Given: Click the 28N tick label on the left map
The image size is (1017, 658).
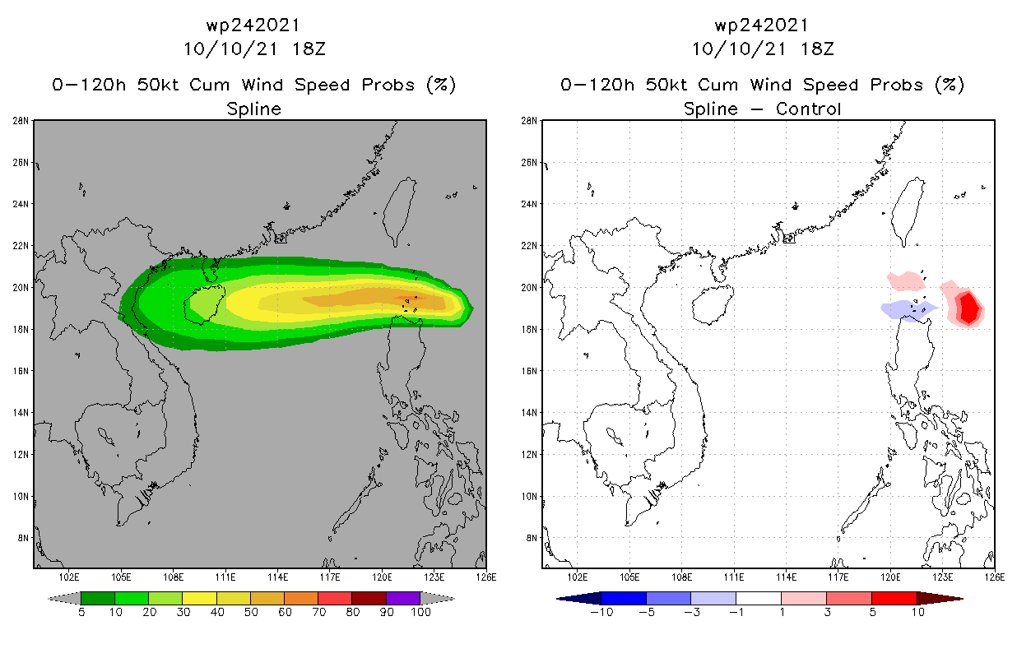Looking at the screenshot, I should tap(23, 121).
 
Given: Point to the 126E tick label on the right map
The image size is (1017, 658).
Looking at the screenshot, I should tap(995, 577).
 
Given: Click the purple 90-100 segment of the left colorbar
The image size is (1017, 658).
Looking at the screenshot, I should tap(403, 598).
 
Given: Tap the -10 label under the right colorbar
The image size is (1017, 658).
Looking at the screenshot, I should tap(601, 612).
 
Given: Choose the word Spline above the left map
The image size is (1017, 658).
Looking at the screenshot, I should tap(253, 109).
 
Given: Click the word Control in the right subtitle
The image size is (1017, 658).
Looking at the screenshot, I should tap(810, 109).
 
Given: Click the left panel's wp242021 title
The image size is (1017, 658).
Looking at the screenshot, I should tap(253, 25).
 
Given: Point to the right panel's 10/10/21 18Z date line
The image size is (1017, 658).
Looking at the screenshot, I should tap(763, 49).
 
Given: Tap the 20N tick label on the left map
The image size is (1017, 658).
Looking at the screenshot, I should tap(23, 288).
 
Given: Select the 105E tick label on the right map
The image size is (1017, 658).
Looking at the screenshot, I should tap(630, 577).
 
